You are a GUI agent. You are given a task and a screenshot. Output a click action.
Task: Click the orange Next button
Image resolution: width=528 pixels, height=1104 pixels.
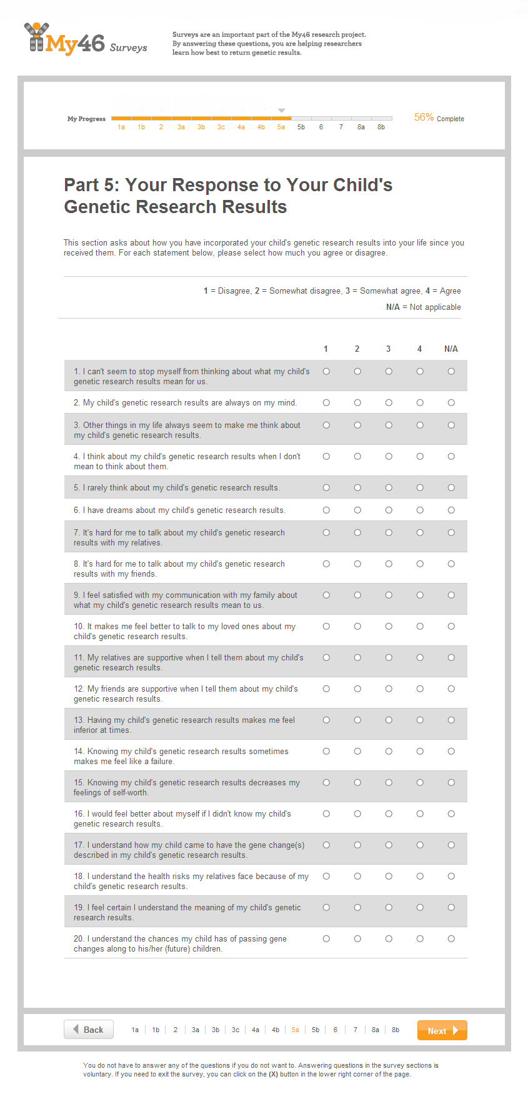pos(442,1030)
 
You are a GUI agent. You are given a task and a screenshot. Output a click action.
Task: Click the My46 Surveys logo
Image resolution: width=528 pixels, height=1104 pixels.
pos(86,40)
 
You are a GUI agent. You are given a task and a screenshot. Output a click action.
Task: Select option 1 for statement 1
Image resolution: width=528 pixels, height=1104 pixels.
pos(326,372)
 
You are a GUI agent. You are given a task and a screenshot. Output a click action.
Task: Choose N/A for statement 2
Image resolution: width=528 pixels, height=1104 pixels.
pos(451,403)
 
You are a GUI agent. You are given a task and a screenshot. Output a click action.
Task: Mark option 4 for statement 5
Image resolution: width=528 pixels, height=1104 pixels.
pos(420,488)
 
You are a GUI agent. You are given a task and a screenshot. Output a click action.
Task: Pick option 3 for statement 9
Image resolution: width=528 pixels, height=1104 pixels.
pos(389,595)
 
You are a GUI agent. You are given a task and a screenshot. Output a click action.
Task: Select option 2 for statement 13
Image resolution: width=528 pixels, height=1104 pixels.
pos(357,720)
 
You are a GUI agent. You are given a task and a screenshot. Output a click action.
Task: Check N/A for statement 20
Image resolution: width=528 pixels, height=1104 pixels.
pos(451,939)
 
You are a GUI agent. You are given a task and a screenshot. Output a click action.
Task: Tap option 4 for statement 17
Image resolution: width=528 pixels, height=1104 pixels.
pos(420,845)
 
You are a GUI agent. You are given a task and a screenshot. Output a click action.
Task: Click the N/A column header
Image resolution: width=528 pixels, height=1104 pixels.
pos(451,349)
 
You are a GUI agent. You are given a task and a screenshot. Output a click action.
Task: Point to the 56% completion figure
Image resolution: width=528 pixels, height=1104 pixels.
pos(424,117)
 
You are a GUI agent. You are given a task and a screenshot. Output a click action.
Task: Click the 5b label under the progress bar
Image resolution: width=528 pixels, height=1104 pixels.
pos(301,127)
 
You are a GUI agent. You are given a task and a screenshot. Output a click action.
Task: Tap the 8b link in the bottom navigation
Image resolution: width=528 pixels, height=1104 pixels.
pos(396,1030)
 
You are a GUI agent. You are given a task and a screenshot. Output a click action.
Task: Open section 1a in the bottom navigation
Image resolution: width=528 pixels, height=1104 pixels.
pos(135,1030)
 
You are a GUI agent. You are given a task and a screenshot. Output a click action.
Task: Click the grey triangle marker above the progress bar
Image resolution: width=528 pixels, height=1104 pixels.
pos(282,111)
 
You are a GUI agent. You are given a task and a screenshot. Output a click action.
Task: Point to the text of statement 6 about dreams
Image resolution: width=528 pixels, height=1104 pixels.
pos(179,510)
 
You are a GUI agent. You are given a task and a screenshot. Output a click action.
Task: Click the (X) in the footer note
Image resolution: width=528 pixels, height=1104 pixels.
pos(273,1075)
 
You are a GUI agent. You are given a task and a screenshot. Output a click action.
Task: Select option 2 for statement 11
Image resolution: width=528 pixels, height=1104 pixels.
pos(357,658)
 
